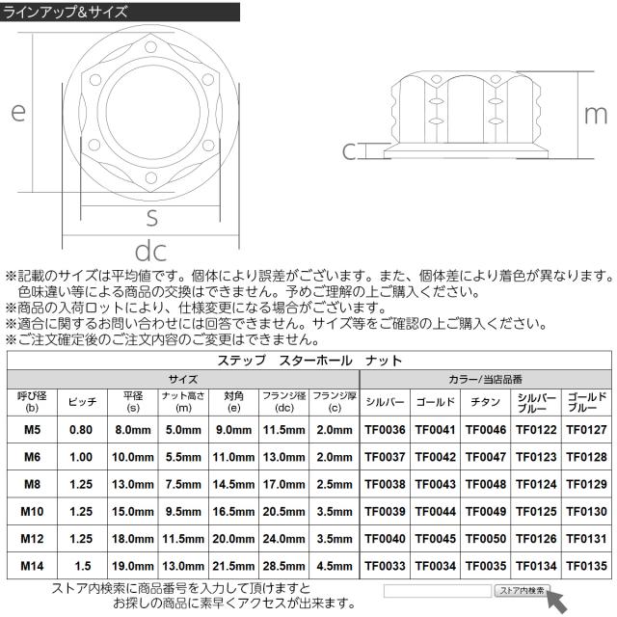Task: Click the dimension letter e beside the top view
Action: pos(18,112)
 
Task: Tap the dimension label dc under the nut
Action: pos(150,251)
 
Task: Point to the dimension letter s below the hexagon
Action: pos(151,218)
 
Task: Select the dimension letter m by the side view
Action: pos(596,116)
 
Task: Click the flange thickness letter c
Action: pos(349,151)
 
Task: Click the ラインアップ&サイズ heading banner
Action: pos(120,12)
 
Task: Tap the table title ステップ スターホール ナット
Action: pos(309,361)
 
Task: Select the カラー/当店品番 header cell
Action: pos(486,379)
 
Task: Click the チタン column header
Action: pos(485,402)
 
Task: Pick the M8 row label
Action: pos(32,484)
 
